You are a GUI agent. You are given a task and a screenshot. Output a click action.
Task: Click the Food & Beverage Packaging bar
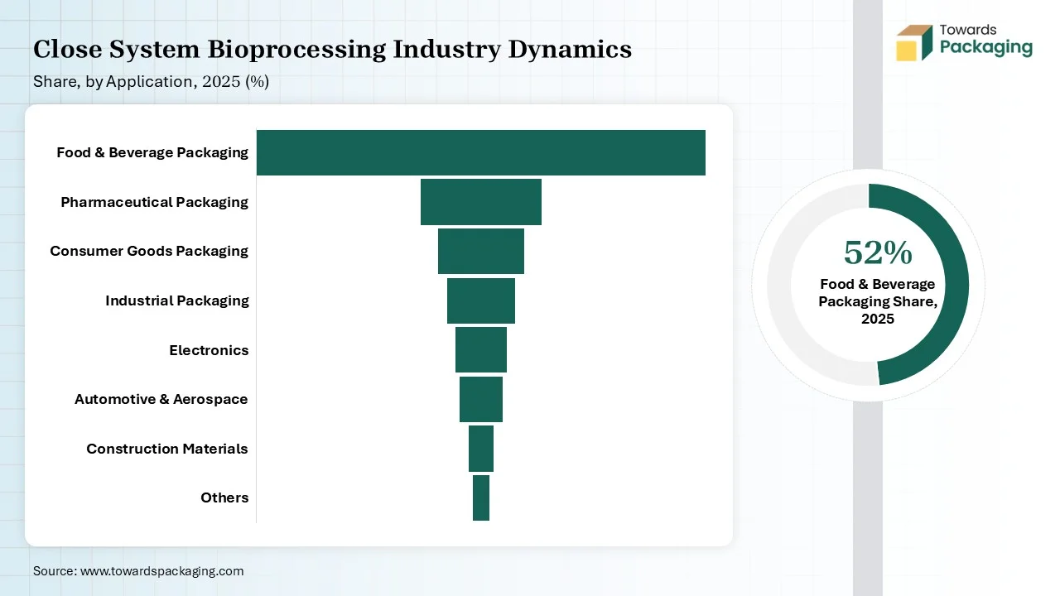(x=480, y=152)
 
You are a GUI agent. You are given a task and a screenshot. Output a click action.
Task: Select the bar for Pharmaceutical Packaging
(x=480, y=201)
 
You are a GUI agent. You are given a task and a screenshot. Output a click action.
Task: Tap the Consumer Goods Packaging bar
(x=480, y=251)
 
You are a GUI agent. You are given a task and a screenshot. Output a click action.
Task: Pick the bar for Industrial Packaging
(x=480, y=300)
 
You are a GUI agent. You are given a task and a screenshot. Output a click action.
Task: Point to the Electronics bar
(x=480, y=349)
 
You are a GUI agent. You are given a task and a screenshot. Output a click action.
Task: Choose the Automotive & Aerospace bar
(x=480, y=399)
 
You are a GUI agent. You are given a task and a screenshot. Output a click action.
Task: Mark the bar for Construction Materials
(x=480, y=448)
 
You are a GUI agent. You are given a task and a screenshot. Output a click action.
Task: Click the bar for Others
(x=480, y=497)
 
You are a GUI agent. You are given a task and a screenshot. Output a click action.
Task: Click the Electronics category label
(x=209, y=350)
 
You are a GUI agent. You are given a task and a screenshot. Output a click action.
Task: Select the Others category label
(x=224, y=497)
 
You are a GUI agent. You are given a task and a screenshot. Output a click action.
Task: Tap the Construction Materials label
(x=167, y=449)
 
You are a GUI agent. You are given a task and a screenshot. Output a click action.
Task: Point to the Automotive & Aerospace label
(x=161, y=399)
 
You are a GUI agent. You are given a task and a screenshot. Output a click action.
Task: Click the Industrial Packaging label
(x=177, y=300)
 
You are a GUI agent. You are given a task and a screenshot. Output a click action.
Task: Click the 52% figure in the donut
(x=878, y=252)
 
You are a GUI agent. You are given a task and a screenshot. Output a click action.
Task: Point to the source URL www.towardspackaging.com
(x=161, y=571)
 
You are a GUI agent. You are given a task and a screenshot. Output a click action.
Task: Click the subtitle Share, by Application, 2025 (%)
(x=151, y=82)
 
